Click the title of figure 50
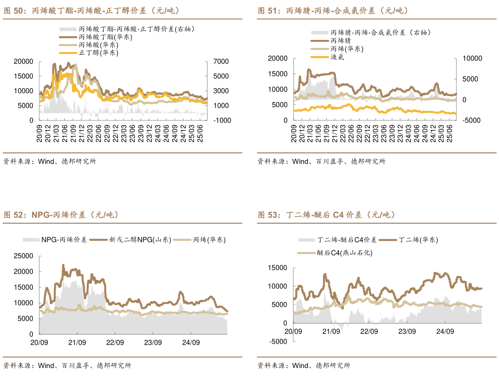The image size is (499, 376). click(92, 10)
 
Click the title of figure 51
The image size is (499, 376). click(333, 10)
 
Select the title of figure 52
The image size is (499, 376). click(61, 215)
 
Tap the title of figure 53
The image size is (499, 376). click(326, 215)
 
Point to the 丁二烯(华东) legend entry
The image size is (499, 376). click(418, 240)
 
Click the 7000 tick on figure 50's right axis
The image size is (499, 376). click(220, 61)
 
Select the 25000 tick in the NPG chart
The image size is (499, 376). click(23, 256)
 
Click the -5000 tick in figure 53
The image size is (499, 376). click(277, 342)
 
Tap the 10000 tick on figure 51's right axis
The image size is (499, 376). click(471, 58)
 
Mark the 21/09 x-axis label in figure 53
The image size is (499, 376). click(331, 331)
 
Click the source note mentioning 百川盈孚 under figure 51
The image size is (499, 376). click(321, 161)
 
